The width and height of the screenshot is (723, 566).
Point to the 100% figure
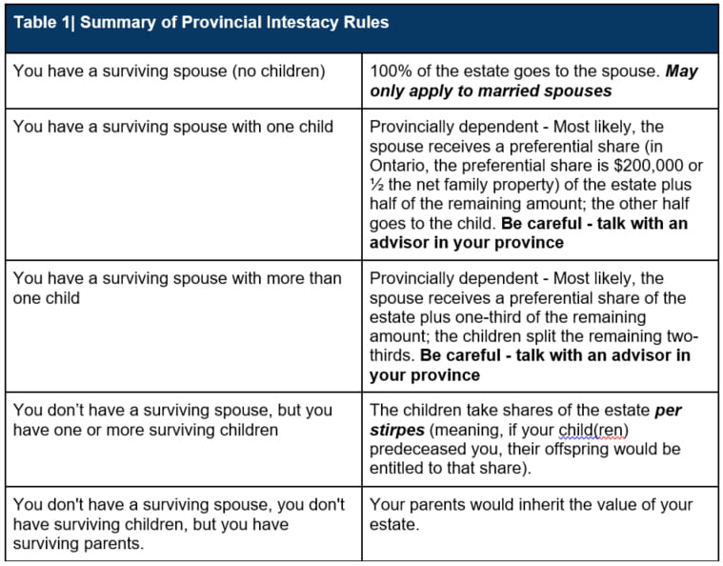[x=390, y=71]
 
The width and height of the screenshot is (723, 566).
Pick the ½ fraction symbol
[x=378, y=185]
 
